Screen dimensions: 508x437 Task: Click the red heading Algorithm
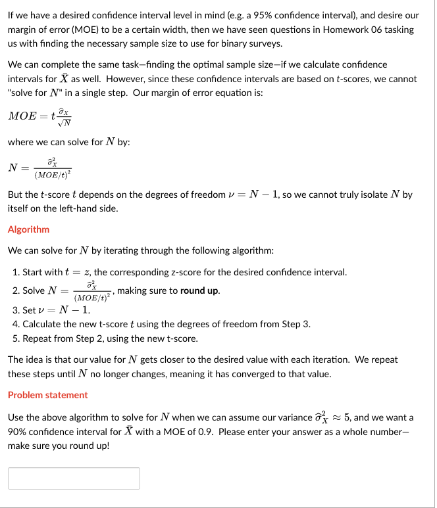(x=28, y=229)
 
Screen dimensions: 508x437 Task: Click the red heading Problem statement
(x=47, y=395)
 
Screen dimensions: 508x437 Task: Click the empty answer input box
(x=74, y=478)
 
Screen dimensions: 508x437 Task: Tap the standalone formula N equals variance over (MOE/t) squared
(x=42, y=168)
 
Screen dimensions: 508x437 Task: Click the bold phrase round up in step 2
(x=200, y=290)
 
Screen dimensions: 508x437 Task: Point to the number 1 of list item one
(x=16, y=272)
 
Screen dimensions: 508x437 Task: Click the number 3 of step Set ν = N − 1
(x=16, y=310)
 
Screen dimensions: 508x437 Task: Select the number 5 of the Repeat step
(x=16, y=339)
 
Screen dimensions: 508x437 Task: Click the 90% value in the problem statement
(x=18, y=432)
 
